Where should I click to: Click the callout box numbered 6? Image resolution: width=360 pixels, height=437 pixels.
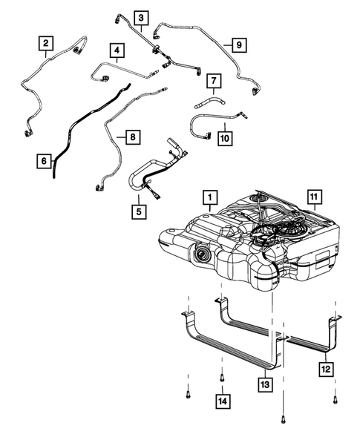pos(45,160)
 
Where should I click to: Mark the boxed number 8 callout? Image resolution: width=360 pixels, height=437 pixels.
pos(131,137)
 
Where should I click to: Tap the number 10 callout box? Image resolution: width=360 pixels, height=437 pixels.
pos(225,137)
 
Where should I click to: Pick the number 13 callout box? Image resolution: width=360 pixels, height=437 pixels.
pos(266,384)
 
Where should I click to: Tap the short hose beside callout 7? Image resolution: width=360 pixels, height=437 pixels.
pos(209,99)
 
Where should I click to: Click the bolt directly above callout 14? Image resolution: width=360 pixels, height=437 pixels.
pos(222,379)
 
